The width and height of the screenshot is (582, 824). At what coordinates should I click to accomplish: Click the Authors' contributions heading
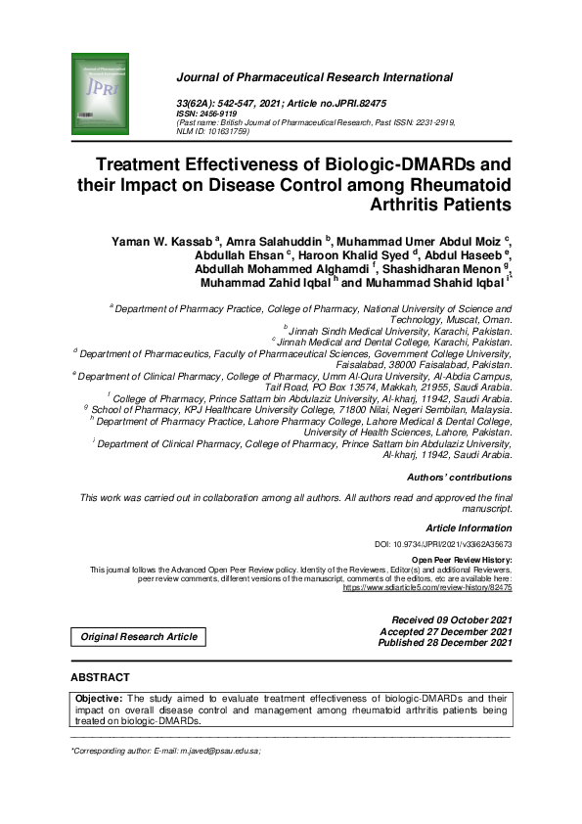click(x=459, y=478)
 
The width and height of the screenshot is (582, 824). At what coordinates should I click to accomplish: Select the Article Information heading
click(x=470, y=527)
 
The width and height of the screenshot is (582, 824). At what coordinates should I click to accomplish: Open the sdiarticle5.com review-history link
click(x=426, y=588)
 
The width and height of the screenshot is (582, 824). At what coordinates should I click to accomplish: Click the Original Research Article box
click(x=139, y=637)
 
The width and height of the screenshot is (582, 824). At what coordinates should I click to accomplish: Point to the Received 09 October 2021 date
click(x=451, y=620)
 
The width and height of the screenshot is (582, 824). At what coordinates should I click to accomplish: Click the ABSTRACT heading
click(x=100, y=677)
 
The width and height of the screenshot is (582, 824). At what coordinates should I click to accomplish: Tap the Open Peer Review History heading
click(x=467, y=559)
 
